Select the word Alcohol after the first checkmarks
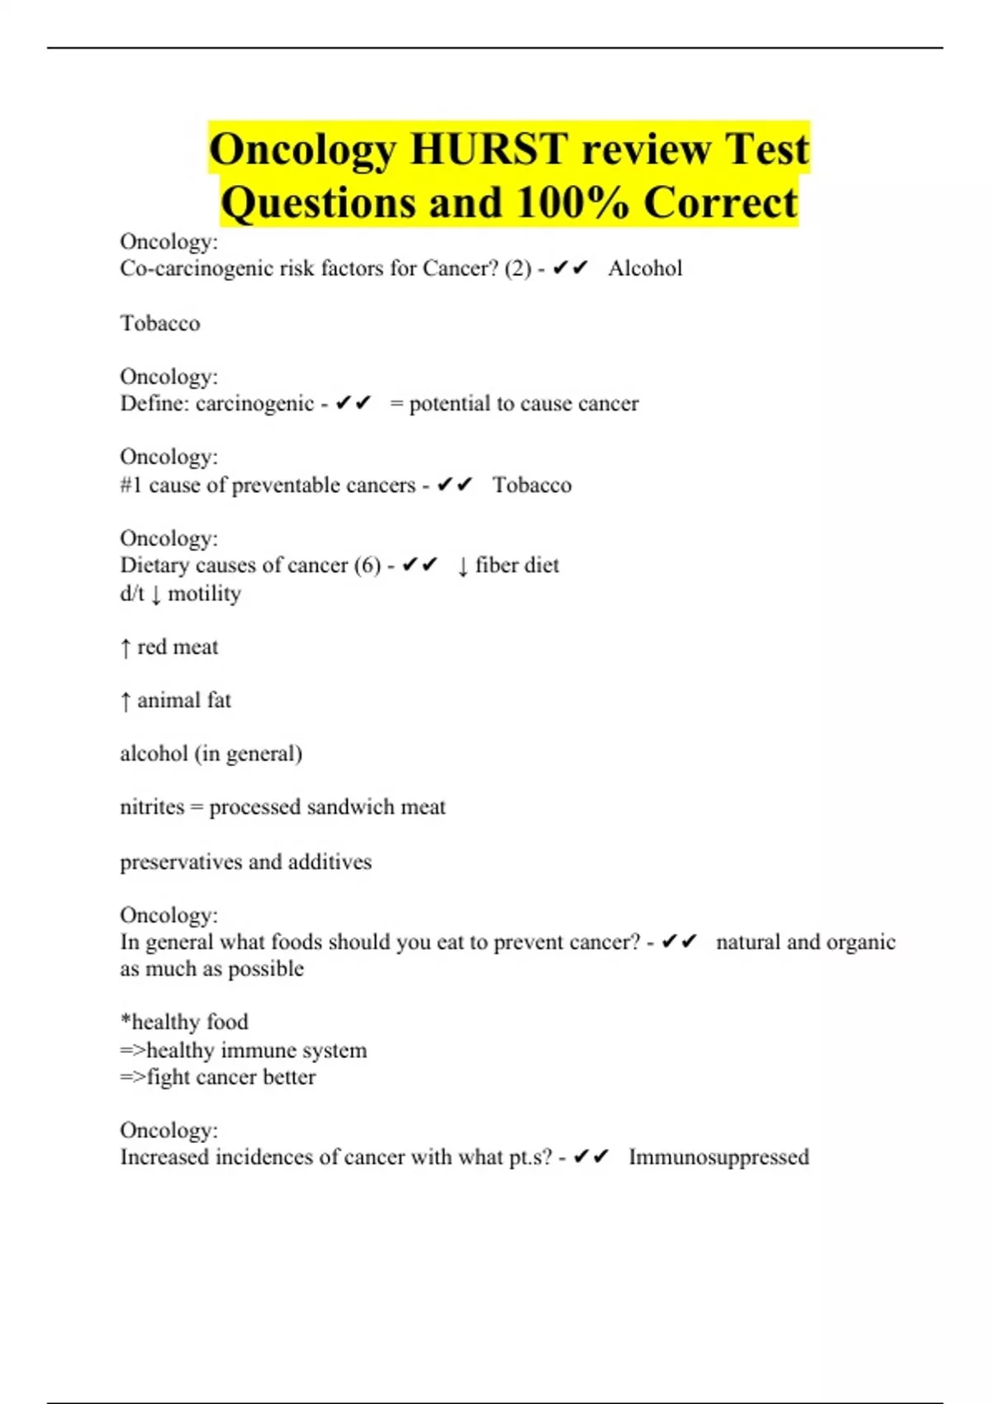[x=645, y=268]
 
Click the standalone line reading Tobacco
[x=160, y=323]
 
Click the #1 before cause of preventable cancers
[x=131, y=485]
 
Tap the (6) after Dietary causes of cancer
[x=367, y=566]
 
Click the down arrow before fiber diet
[x=462, y=567]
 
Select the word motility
[x=204, y=594]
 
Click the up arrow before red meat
[x=126, y=648]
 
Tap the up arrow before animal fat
[x=126, y=701]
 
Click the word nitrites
[x=152, y=807]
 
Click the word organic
[x=860, y=942]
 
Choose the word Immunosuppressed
[x=718, y=1157]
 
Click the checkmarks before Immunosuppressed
[x=591, y=1156]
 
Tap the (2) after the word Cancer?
[x=518, y=268]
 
